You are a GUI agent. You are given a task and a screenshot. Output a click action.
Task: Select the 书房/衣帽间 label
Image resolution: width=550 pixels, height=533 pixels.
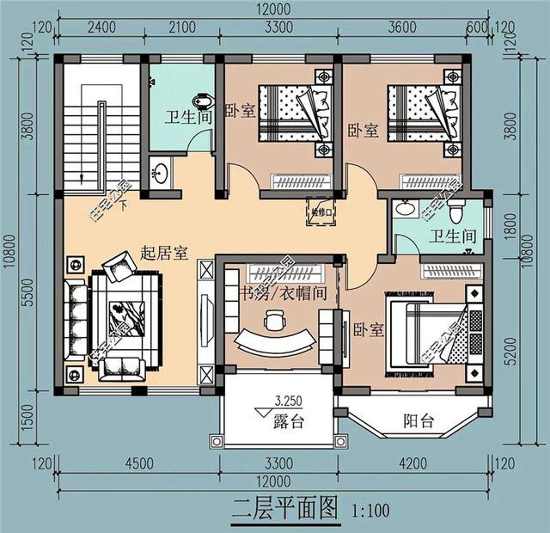[272, 292]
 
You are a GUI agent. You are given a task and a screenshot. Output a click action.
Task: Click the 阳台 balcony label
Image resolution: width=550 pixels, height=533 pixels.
[419, 421]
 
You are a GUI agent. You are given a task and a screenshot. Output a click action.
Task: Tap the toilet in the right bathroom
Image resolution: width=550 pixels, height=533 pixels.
[457, 209]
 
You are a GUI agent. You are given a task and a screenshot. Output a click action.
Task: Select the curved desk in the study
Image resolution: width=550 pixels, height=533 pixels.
[273, 341]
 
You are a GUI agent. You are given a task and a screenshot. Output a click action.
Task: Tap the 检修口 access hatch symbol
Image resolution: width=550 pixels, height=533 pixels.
[320, 210]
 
